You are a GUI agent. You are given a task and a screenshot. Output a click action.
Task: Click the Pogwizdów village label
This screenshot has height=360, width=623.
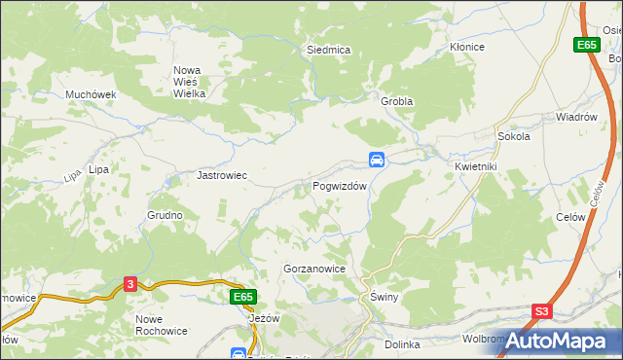coord(340,186)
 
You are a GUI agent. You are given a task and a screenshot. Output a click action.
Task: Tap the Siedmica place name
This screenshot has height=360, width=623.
coord(328,49)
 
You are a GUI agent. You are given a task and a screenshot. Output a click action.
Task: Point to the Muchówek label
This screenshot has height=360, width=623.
coord(91,94)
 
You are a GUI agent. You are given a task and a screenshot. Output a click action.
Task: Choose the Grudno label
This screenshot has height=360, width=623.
coord(165,215)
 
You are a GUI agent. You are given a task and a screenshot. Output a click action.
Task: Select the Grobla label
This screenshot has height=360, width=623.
coord(397,101)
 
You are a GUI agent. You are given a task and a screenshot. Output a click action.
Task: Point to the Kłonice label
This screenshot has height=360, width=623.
coord(466,47)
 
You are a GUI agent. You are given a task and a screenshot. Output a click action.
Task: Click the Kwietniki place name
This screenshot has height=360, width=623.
coord(476,166)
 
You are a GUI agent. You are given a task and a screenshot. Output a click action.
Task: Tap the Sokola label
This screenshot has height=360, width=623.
coord(513,137)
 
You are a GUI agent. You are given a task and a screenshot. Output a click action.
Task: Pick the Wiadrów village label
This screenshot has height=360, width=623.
coord(575,117)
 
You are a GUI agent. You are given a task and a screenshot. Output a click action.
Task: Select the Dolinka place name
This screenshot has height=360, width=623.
coord(401,343)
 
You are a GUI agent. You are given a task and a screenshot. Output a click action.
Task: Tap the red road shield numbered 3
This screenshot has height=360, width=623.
coord(131,283)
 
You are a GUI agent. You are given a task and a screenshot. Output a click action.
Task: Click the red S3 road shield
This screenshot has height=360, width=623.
coord(542,312)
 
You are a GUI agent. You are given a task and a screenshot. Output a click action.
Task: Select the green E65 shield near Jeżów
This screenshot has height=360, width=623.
coord(243,296)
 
